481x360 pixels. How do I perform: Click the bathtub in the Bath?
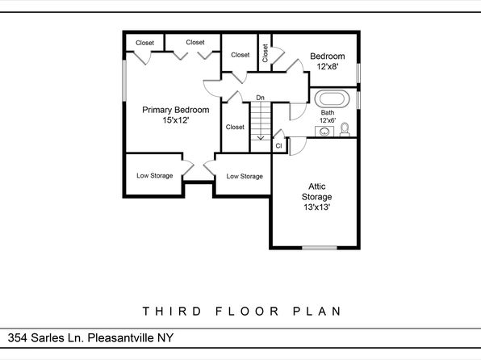[x=332, y=98]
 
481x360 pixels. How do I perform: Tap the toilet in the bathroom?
[x=345, y=129]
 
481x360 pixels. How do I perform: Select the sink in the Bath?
[x=324, y=132]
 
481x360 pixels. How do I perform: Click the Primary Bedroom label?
[x=176, y=110]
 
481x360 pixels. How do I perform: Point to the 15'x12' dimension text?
[x=175, y=120]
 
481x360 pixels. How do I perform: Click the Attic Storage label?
[x=317, y=191]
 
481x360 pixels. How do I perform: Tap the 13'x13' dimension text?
[x=317, y=207]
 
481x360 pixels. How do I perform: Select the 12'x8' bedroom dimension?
[x=328, y=66]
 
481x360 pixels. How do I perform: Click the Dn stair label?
[x=260, y=98]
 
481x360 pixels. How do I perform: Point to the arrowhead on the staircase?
[x=261, y=138]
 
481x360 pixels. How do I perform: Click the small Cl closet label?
[x=278, y=146]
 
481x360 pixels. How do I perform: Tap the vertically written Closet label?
[x=265, y=52]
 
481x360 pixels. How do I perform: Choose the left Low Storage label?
[x=155, y=175]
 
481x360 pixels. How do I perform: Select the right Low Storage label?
[x=245, y=176]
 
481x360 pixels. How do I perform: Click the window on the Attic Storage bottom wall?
[x=320, y=247]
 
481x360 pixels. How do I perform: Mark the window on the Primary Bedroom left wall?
[x=124, y=81]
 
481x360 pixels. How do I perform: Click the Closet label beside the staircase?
[x=235, y=127]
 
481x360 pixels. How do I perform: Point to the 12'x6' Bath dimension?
[x=328, y=120]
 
